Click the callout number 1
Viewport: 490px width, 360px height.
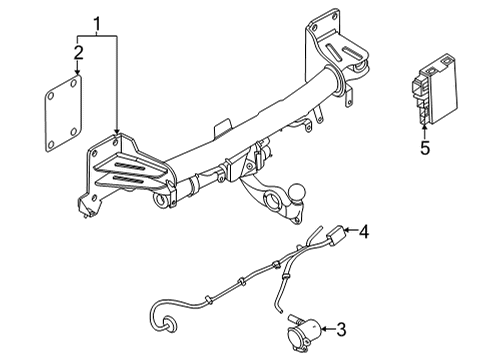[x=97, y=24]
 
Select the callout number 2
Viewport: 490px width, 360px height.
[x=78, y=53]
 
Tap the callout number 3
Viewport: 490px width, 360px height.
[x=341, y=329]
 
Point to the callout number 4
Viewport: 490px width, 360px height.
[x=364, y=231]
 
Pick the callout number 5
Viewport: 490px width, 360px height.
[x=425, y=148]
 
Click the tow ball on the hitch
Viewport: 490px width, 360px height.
[x=298, y=192]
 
